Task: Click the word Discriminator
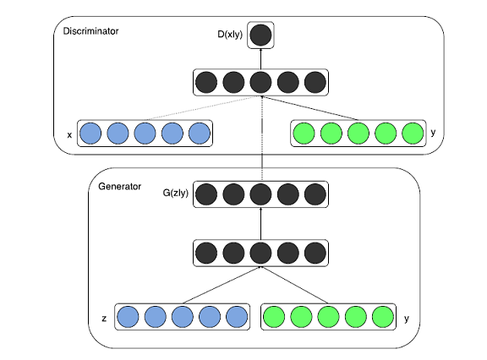coord(90,31)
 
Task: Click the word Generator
coord(119,186)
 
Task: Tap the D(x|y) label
coord(230,35)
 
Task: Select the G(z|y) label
coord(176,193)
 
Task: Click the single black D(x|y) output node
coord(260,35)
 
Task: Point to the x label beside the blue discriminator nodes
coord(69,135)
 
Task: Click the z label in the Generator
coord(104,319)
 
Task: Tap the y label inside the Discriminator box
coord(433,133)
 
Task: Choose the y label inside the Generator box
coord(407,319)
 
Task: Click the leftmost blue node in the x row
coord(90,134)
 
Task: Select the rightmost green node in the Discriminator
coord(413,134)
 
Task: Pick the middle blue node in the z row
coord(183,317)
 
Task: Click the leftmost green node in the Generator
coord(274,317)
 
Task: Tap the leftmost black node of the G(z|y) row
coord(206,194)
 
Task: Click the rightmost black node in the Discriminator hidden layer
coord(315,82)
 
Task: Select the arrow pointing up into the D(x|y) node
coord(260,58)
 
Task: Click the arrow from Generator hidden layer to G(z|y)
coord(260,223)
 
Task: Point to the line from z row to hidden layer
coord(222,285)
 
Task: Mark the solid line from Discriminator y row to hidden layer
coord(310,108)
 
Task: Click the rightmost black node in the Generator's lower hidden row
coord(315,253)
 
